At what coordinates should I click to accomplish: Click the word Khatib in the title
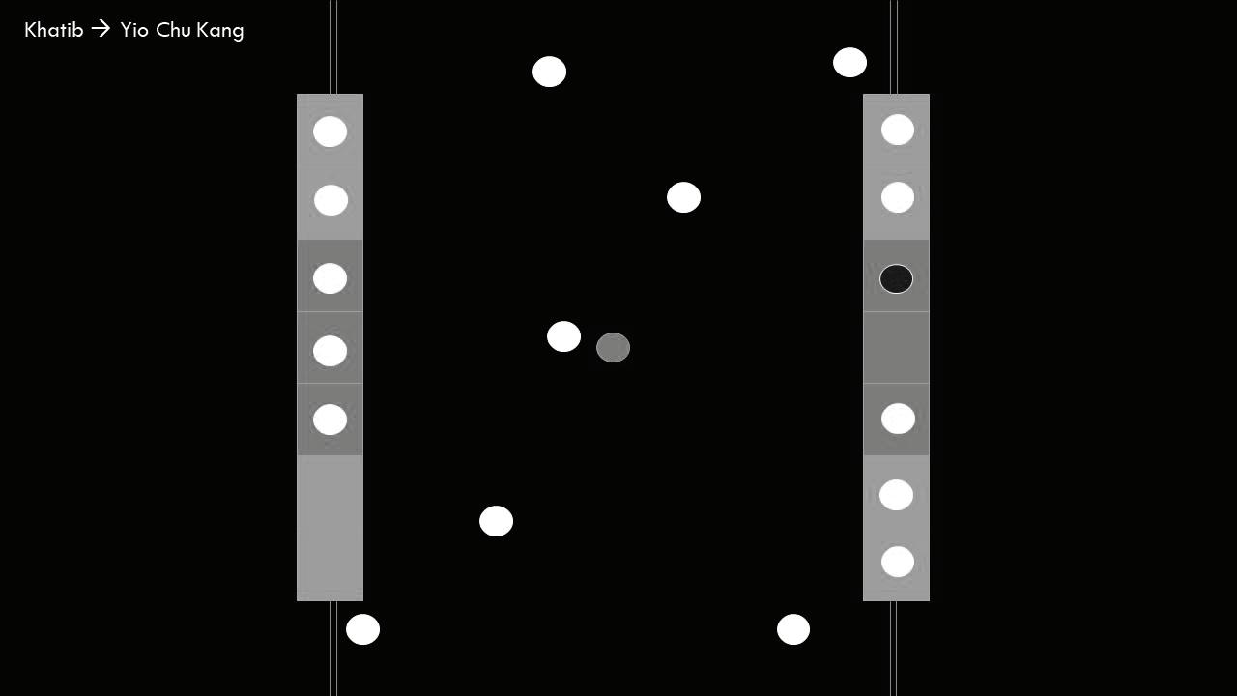pos(53,30)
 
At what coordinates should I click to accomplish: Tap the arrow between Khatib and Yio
pos(101,29)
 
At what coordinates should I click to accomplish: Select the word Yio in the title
pos(134,30)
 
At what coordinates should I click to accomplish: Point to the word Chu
pos(173,30)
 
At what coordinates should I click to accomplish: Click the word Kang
pos(220,31)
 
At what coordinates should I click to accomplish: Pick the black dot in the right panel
pos(896,279)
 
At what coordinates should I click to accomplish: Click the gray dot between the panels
pos(613,348)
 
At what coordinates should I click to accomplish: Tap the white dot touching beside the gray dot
pos(563,336)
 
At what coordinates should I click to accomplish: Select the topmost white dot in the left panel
pos(330,131)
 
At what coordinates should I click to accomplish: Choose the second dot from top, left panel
pos(331,200)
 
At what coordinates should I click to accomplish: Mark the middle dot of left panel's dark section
pos(330,351)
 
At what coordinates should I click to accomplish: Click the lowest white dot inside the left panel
pos(330,420)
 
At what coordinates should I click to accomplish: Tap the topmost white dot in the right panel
pos(897,130)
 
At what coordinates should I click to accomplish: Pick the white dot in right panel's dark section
pos(898,419)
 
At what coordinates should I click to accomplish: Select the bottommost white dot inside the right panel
pos(897,562)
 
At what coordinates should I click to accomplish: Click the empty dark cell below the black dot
pos(896,348)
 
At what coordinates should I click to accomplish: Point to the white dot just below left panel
pos(362,629)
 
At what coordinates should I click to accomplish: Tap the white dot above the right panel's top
pos(849,63)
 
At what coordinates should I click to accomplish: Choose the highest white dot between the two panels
pos(549,72)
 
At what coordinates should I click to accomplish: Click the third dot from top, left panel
pos(330,278)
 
